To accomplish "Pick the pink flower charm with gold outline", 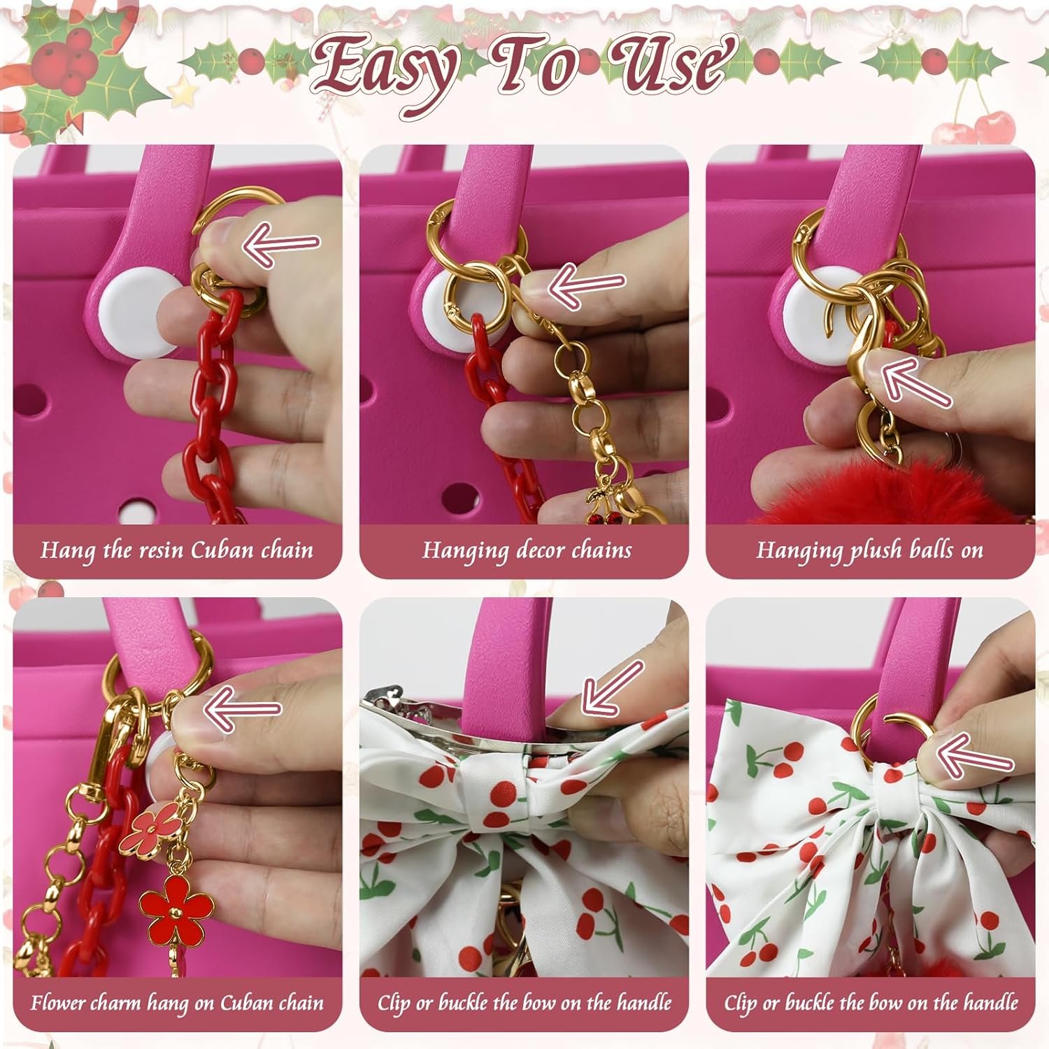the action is coord(148,829).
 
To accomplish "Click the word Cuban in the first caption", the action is coord(222,550).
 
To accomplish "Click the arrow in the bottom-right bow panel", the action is coord(975,754).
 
